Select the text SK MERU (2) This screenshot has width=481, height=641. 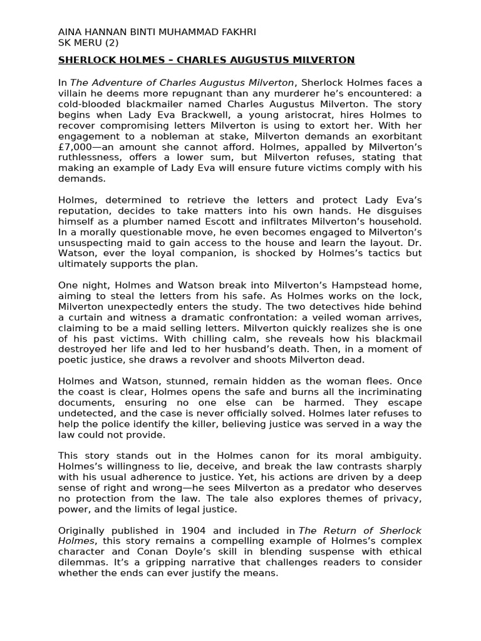tap(88, 43)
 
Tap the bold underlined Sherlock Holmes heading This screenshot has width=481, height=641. tap(206, 60)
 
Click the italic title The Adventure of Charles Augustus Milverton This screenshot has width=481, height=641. tap(182, 83)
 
